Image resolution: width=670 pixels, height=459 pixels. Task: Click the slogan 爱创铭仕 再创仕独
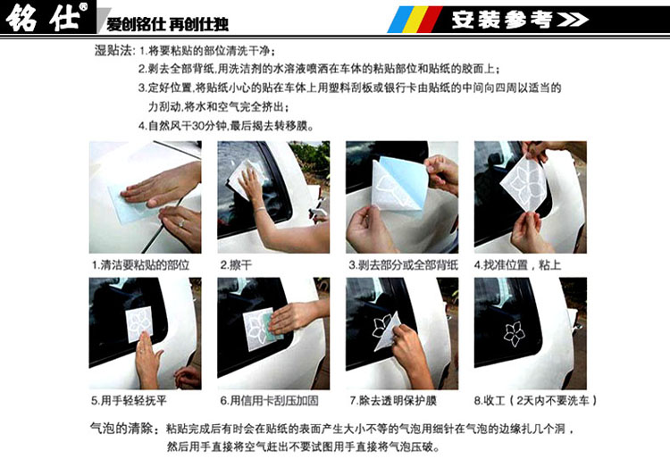click(x=163, y=21)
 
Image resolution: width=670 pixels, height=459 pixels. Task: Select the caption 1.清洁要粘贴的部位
click(x=140, y=265)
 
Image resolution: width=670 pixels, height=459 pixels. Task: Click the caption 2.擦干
click(x=237, y=265)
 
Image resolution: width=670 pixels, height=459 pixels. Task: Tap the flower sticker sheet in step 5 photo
click(x=141, y=326)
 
